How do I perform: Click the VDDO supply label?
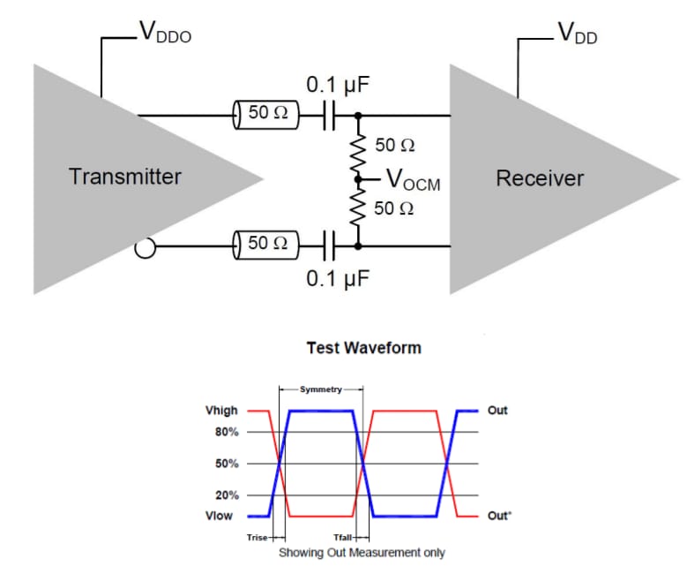pos(165,34)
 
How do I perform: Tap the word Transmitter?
pos(125,177)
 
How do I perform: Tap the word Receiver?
pos(540,178)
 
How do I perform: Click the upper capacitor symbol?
pos(329,115)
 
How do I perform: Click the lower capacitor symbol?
pos(329,243)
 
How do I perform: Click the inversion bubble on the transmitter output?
pos(146,250)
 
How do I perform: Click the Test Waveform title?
pos(363,348)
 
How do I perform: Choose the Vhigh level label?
pos(220,411)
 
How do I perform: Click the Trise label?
pos(258,537)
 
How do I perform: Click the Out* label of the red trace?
pos(498,516)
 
